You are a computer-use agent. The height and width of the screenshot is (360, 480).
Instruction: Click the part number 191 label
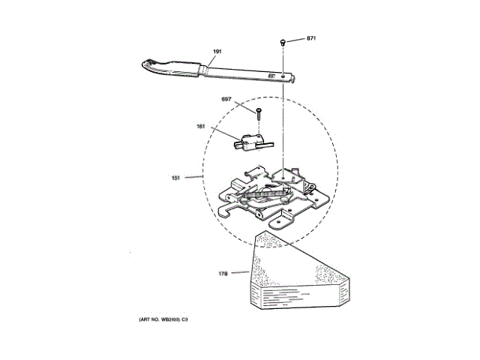[217, 52]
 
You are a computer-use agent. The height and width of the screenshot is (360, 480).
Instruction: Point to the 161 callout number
[202, 126]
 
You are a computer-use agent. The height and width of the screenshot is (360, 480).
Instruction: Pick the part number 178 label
[223, 273]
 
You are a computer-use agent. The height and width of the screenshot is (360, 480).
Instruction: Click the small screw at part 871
[281, 40]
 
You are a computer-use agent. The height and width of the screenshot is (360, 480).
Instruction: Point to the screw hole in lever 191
[281, 75]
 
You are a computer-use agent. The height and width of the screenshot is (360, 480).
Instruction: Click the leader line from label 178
[241, 272]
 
